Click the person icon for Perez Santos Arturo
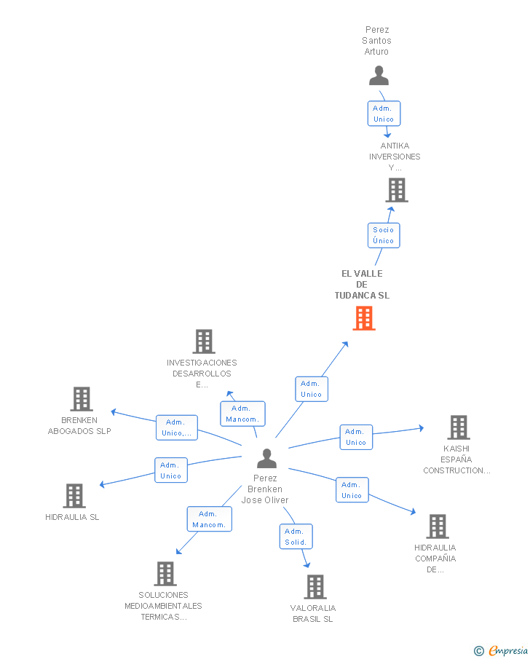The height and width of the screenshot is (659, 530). tap(379, 76)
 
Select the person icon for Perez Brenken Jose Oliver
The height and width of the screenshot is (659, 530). tap(266, 459)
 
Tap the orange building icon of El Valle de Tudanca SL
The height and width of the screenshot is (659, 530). tap(364, 318)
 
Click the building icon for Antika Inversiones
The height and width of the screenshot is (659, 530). tap(396, 190)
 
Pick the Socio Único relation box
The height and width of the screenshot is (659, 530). tap(383, 235)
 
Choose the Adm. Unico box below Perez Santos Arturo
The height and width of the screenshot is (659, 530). tap(383, 114)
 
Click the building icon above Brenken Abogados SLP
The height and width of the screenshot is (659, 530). tap(82, 399)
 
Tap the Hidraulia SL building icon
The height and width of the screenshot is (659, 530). tap(74, 496)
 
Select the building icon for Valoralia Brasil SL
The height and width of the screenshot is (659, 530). tap(315, 586)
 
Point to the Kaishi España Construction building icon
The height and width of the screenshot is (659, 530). tap(458, 427)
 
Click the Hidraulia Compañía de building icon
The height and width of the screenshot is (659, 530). tap(437, 526)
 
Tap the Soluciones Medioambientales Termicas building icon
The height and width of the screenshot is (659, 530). tap(165, 574)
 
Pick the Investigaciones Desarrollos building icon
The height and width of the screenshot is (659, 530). tap(203, 342)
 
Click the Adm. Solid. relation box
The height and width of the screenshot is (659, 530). tap(296, 537)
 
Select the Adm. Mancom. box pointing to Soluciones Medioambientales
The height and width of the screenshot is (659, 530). tap(209, 519)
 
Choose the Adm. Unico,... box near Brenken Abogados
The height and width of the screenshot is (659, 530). tap(176, 427)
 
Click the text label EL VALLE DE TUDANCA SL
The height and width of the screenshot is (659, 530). tap(362, 285)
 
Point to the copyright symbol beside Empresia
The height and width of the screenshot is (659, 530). tap(478, 651)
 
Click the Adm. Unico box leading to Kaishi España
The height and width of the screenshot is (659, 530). tap(355, 437)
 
